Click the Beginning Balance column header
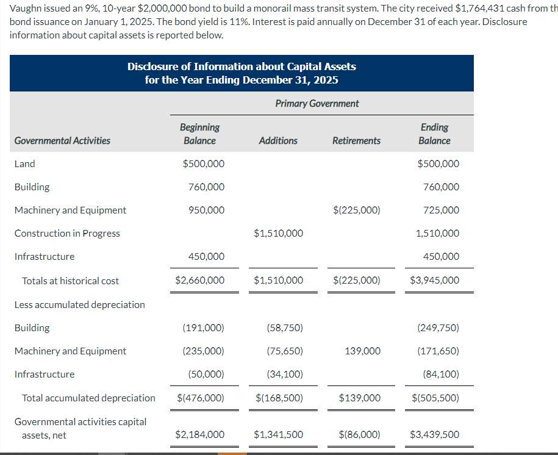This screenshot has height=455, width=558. [199, 134]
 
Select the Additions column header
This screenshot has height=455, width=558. [278, 141]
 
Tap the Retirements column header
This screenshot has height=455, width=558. [356, 141]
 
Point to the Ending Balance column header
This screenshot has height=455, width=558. [434, 134]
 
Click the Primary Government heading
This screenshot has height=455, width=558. [317, 104]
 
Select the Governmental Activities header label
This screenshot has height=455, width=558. [62, 141]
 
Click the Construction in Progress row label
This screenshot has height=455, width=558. [67, 234]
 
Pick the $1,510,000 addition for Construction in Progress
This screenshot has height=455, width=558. [278, 234]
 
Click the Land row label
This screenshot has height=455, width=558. [25, 164]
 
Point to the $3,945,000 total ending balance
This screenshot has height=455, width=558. [435, 281]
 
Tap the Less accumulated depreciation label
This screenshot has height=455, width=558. [79, 305]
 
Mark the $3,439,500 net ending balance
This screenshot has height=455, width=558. [435, 435]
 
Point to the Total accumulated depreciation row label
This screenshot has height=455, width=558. [88, 398]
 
